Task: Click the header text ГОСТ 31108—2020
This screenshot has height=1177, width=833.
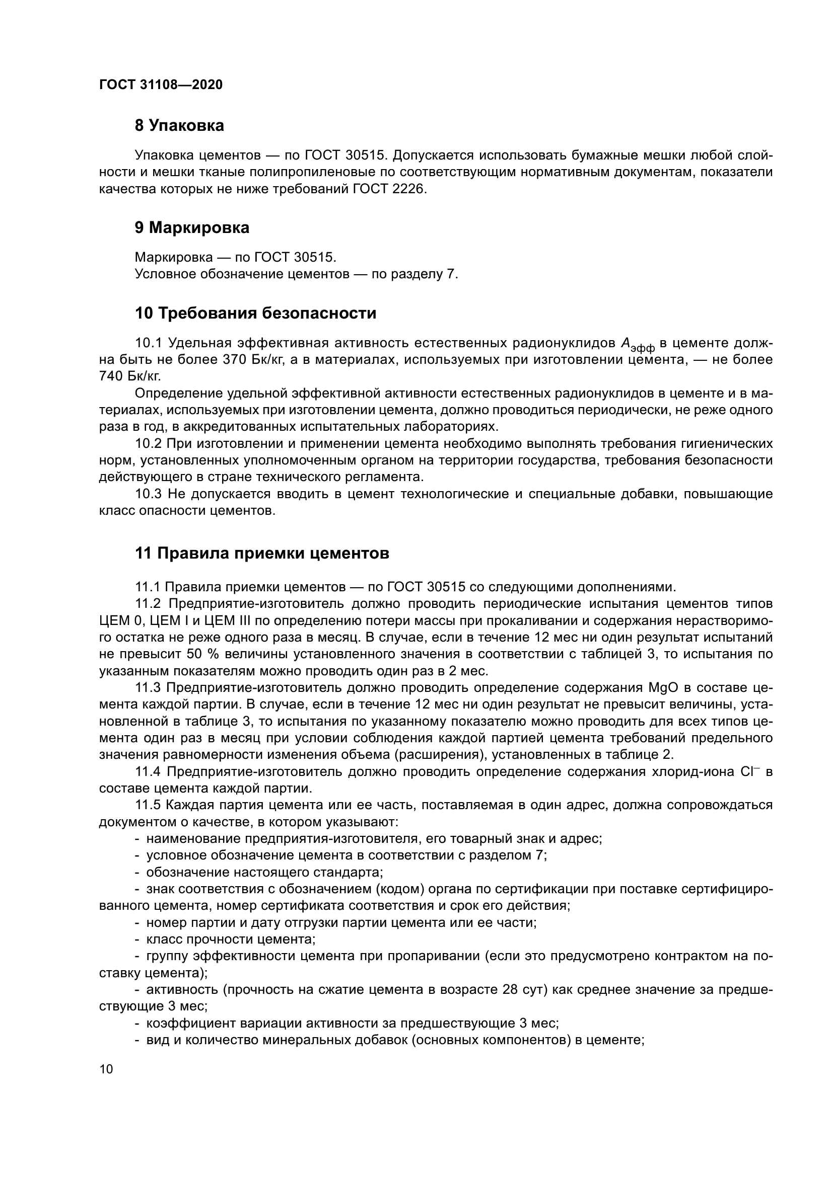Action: coord(161,85)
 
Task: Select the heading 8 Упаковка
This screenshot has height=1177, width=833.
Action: coord(179,126)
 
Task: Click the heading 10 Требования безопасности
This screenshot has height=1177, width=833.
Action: coord(255,313)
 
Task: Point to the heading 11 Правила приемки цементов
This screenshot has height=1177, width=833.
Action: coord(261,553)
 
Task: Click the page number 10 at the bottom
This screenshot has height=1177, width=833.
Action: coord(106,1069)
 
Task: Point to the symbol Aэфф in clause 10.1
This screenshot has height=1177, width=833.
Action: coord(637,345)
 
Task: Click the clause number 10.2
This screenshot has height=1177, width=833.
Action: coord(148,443)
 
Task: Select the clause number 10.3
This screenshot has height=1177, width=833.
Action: coord(148,494)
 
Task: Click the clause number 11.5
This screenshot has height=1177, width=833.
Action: coord(148,805)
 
